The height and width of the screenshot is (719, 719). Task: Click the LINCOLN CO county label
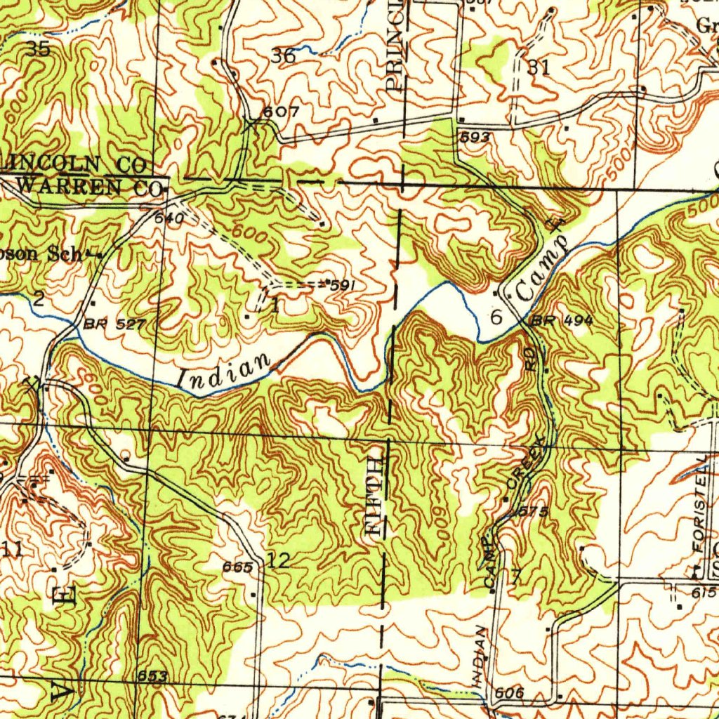coord(74,164)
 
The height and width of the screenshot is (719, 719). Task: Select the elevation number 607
coord(281,112)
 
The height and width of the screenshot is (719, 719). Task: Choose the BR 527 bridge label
coord(114,324)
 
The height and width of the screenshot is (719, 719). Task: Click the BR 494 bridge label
coord(562,321)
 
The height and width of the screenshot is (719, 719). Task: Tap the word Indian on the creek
coord(224,371)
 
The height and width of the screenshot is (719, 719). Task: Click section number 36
coord(283,57)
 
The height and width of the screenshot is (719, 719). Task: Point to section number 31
coord(538,67)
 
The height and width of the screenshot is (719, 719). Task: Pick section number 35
coord(37,48)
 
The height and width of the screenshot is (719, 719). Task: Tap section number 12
coord(278,560)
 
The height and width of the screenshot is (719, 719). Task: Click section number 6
coord(496,317)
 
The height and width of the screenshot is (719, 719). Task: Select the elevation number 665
coord(237,567)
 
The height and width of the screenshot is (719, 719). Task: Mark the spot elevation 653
coord(152,676)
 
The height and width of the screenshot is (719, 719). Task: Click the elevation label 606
coord(508,693)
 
